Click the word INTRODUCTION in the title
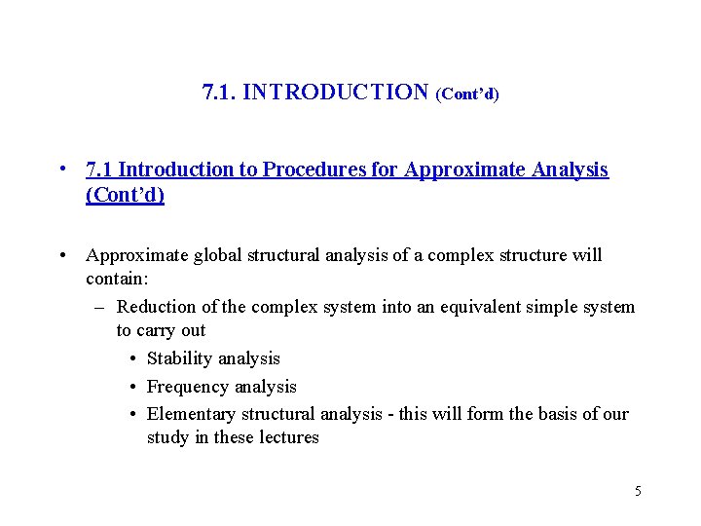(x=336, y=93)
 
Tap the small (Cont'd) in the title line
(x=467, y=94)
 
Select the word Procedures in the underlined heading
(x=322, y=169)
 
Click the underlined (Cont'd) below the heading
(x=125, y=195)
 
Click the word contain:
(x=113, y=281)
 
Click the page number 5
(x=638, y=491)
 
